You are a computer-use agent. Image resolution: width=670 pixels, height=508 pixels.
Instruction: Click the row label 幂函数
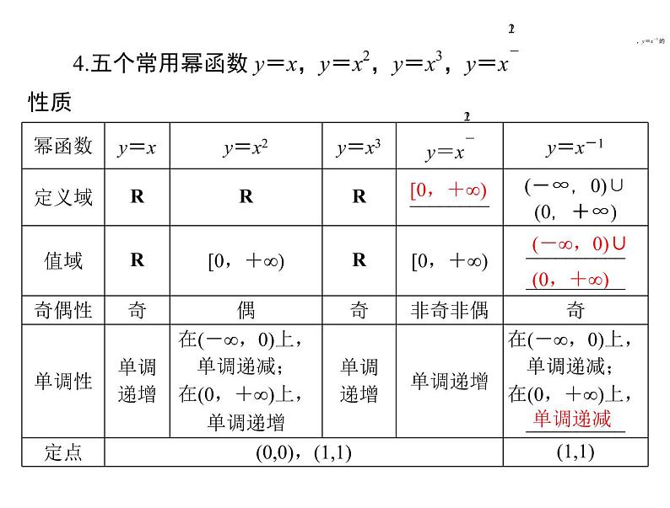tap(63, 147)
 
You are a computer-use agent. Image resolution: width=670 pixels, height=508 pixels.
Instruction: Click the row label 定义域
tap(63, 197)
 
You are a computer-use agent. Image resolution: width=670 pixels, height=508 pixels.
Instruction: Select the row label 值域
tap(63, 260)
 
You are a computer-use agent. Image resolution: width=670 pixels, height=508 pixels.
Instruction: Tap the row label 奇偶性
tap(63, 310)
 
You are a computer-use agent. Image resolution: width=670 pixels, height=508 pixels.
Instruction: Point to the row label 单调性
tap(63, 382)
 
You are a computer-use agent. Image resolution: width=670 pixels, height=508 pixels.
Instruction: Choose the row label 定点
tap(63, 452)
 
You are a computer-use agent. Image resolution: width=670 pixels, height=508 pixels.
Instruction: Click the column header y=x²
tap(246, 148)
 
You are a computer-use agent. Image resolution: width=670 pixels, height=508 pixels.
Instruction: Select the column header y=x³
tap(359, 148)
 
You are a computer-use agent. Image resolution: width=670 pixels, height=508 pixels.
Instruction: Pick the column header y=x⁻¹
tap(575, 148)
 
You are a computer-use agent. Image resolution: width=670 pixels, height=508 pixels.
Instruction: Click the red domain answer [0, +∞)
tap(449, 191)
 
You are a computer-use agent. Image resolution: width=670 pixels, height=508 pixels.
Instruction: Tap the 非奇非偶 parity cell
tap(449, 310)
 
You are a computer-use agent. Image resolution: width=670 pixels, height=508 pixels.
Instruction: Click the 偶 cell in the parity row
tap(246, 310)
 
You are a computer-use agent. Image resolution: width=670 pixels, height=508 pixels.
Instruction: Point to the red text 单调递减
tap(571, 419)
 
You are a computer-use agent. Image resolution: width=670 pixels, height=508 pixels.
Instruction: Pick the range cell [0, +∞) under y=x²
tap(246, 261)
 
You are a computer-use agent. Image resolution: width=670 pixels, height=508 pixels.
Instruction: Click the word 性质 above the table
tap(50, 103)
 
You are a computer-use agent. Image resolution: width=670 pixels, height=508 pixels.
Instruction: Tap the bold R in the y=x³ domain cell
tap(359, 197)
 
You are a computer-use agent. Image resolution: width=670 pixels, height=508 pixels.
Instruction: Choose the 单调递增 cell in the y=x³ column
tap(359, 381)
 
